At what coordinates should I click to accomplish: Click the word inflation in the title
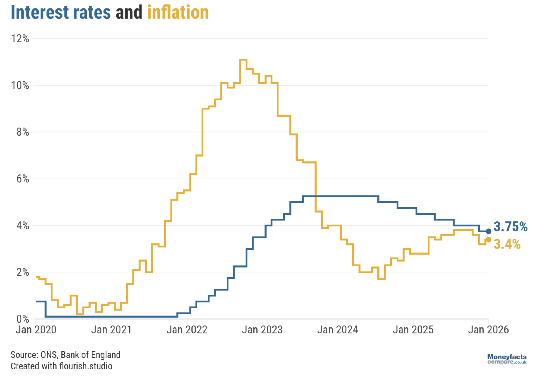click(x=178, y=13)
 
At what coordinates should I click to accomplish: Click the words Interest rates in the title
click(x=61, y=13)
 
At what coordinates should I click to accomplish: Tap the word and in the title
click(x=129, y=13)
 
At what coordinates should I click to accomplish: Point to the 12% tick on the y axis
click(x=20, y=39)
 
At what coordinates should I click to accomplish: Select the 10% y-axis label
click(x=20, y=85)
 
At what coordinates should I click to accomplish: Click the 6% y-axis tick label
click(x=23, y=179)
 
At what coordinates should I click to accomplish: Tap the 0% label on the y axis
click(x=23, y=319)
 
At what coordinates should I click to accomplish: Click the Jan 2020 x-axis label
click(x=36, y=330)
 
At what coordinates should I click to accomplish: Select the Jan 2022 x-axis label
click(x=187, y=330)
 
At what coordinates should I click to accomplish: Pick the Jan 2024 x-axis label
click(x=337, y=330)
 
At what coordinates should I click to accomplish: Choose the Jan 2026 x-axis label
click(x=488, y=330)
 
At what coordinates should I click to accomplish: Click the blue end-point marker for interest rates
click(x=488, y=231)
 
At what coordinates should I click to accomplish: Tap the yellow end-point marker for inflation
click(x=488, y=240)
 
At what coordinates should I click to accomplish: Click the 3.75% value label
click(x=510, y=227)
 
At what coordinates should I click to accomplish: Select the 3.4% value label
click(x=507, y=244)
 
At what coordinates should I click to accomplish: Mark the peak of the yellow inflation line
click(x=243, y=59)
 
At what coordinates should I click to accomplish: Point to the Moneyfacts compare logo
click(x=507, y=359)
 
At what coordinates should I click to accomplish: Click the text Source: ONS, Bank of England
click(x=66, y=355)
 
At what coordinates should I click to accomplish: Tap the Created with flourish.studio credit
click(x=61, y=366)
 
